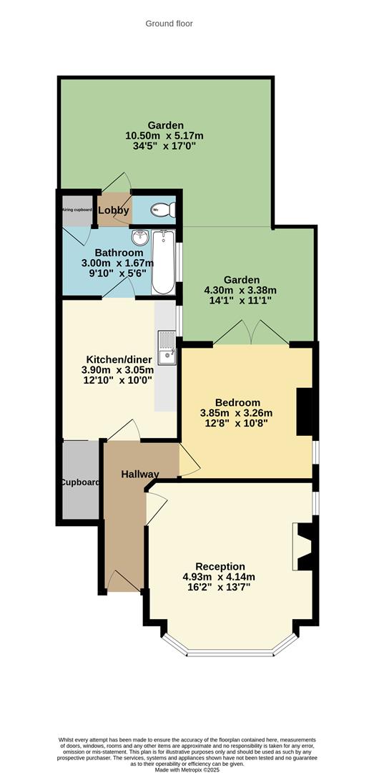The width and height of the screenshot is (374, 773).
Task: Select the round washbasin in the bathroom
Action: click(139, 237)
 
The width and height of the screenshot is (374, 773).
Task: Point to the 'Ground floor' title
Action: click(169, 24)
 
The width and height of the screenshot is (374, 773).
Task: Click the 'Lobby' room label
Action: click(114, 210)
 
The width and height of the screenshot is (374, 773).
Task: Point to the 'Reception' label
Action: click(220, 566)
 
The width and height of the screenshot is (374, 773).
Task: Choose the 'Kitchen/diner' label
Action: click(114, 359)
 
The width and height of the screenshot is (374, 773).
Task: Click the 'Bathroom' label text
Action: click(119, 253)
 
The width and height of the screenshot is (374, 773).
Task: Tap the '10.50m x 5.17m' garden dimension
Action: click(165, 136)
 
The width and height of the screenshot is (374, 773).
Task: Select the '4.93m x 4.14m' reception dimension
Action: click(219, 577)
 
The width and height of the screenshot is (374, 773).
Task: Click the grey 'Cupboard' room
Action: click(79, 481)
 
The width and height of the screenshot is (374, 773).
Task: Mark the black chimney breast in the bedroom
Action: click(305, 412)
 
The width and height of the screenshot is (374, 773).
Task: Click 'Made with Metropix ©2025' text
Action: click(187, 762)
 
